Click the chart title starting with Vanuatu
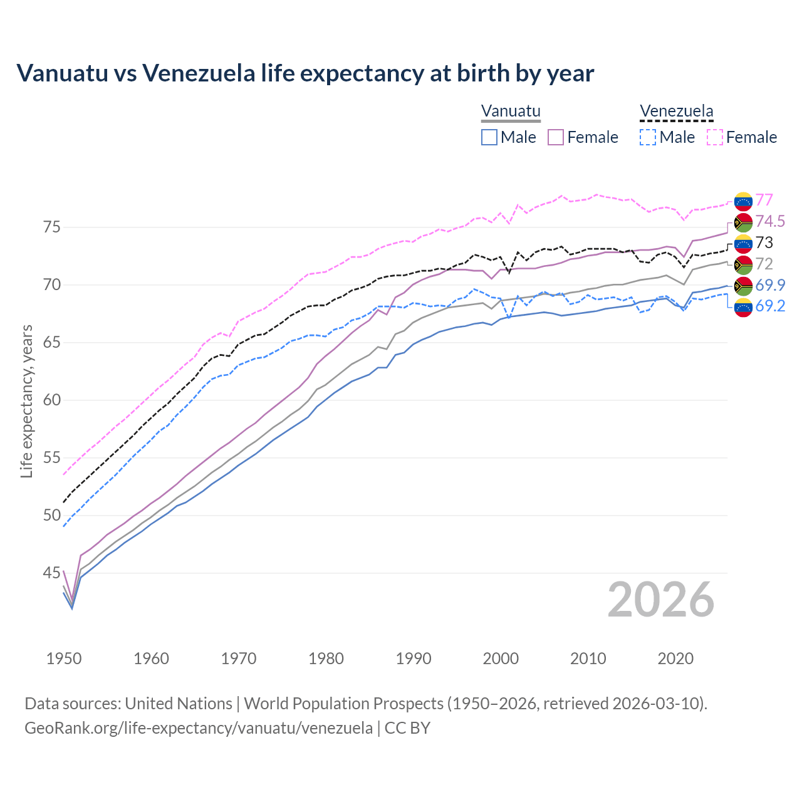pos(305,73)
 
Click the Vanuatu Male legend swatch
pos(489,137)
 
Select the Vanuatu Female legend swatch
pos(556,137)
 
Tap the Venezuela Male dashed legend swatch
pos(648,137)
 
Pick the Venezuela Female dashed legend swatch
pos(715,137)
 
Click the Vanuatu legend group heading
pos(511,112)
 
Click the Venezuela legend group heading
pos(676,112)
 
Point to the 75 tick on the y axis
pos(51,227)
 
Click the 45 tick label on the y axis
pos(51,573)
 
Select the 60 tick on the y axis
pos(51,400)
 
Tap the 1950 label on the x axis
pos(64,659)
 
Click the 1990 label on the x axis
pos(414,659)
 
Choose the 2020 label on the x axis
pos(675,659)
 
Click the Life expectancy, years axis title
pos(27,401)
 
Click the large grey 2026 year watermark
pos(661,600)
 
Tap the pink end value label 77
pos(764,200)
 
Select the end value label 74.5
pos(770,221)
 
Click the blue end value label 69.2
pos(770,306)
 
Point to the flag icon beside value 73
pos(743,243)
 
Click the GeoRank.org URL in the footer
pos(199,728)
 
